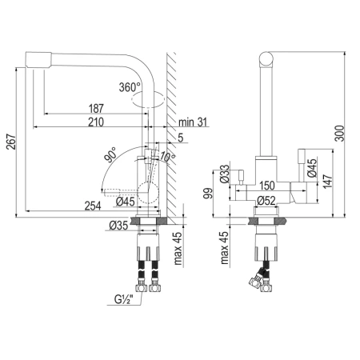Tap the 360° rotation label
pyautogui.click(x=130, y=86)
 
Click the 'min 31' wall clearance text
pyautogui.click(x=193, y=122)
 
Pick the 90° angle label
pyautogui.click(x=110, y=150)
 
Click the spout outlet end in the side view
pyautogui.click(x=35, y=59)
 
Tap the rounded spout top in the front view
pyautogui.click(x=266, y=61)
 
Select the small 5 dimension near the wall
pyautogui.click(x=181, y=138)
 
